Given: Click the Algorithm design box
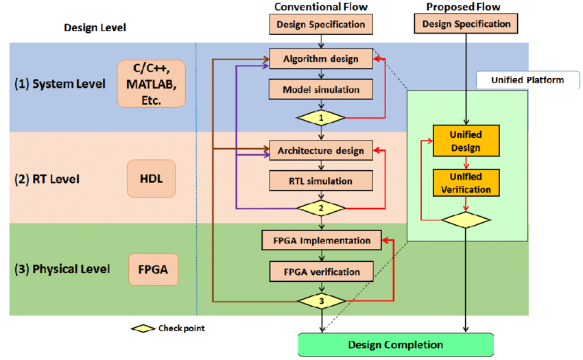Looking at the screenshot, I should click(321, 58).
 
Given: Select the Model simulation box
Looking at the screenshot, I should click(321, 89).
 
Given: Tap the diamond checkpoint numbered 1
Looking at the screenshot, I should click(321, 117).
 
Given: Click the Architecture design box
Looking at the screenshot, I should click(321, 149).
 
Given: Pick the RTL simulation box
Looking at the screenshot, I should click(321, 181).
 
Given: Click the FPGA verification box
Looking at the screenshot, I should click(321, 272).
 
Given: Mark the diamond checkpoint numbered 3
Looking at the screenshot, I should click(321, 300).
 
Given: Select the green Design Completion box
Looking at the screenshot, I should click(396, 344).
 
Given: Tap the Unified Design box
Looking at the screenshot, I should click(466, 141).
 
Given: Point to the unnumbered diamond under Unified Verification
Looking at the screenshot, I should click(466, 220).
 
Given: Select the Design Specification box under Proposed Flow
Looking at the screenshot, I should click(466, 24).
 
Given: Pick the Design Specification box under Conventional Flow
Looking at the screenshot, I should click(321, 25).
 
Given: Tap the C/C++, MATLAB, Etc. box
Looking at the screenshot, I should click(152, 83).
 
